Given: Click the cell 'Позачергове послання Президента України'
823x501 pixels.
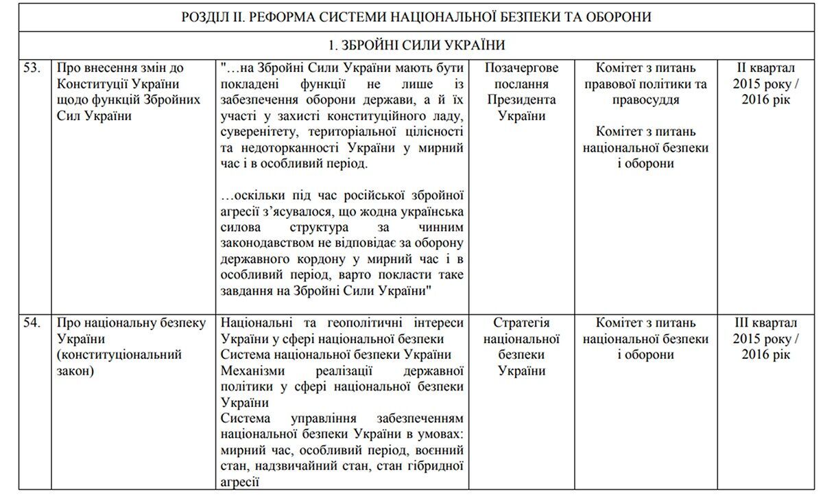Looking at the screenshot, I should click(x=521, y=92).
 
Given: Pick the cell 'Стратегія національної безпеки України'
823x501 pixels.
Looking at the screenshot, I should click(x=521, y=347).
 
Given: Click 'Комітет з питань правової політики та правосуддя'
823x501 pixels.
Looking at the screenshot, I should click(x=645, y=84).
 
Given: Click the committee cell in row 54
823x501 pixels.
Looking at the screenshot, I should click(x=645, y=338).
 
